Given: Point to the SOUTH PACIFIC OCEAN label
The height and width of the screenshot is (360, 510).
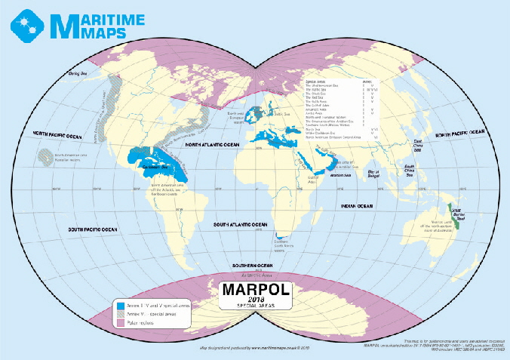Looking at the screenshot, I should coord(91,229).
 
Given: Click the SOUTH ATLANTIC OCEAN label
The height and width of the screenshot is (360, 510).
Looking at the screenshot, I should coord(240,224).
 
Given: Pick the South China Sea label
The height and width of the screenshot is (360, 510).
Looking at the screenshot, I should coord(409,168).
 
